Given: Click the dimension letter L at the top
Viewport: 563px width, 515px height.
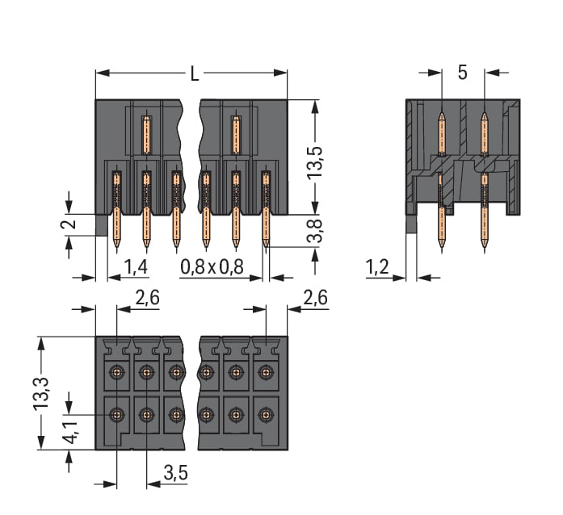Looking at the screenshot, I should [x=194, y=73].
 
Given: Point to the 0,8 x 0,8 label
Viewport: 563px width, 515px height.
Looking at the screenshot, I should [x=212, y=266].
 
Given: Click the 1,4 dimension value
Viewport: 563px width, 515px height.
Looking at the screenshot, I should [x=136, y=266].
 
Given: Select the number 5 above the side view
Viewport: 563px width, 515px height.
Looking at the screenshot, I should [x=462, y=73].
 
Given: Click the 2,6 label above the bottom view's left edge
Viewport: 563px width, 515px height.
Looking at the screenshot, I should [x=146, y=298].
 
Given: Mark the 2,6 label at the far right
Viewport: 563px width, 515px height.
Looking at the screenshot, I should [x=314, y=298].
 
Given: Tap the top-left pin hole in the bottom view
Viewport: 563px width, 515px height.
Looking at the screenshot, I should [x=117, y=372].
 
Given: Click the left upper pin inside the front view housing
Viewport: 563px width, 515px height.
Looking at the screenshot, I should [x=146, y=136].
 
